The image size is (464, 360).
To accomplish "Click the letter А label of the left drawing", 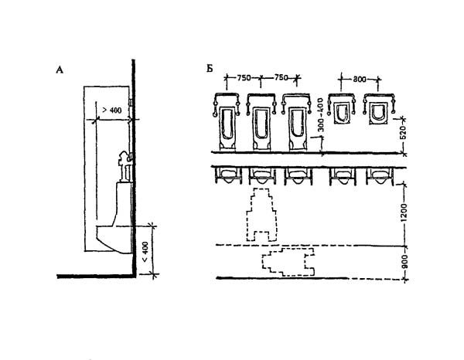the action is (60, 70).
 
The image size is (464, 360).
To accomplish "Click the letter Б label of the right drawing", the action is (210, 69).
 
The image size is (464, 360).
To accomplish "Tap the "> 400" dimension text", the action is (112, 110).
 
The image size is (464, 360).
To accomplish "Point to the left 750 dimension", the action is (244, 78).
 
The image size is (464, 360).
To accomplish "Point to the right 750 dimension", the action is (281, 78).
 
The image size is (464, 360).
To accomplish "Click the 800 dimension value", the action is (360, 80).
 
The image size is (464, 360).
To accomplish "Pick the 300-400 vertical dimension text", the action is (322, 114).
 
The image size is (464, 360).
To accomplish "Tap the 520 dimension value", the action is (403, 132).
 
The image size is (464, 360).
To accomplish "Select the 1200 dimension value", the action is (404, 212).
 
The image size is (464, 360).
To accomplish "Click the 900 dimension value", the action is (404, 261).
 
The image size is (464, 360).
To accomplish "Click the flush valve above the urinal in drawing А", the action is (125, 166).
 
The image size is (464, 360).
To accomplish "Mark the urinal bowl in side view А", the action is (114, 239).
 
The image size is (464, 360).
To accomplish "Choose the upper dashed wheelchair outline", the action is (261, 216).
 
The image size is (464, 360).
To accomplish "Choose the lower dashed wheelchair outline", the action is (288, 262).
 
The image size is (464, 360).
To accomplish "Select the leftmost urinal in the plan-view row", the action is (228, 176).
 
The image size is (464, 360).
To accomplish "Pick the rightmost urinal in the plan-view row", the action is (380, 176).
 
